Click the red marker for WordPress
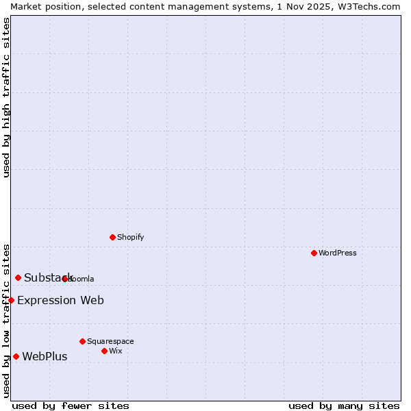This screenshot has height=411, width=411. click(x=314, y=253)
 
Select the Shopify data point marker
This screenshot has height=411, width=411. click(x=112, y=237)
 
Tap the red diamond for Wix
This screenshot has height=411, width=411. click(x=104, y=351)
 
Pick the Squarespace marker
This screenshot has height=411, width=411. click(x=82, y=341)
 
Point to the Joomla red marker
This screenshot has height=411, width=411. click(x=64, y=279)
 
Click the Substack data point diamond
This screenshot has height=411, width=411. click(x=18, y=277)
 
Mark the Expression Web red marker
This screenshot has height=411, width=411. click(x=11, y=300)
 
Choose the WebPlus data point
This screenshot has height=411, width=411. click(x=16, y=356)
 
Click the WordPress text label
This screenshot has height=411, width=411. click(x=338, y=253)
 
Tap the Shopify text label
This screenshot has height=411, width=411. click(x=130, y=237)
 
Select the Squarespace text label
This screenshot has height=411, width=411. click(x=110, y=341)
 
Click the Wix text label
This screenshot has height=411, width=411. click(x=115, y=351)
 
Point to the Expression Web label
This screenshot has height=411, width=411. click(x=60, y=300)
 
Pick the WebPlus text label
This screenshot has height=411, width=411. click(x=45, y=356)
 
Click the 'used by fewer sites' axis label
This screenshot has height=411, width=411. click(x=71, y=406)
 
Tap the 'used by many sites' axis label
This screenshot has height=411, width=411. click(x=344, y=406)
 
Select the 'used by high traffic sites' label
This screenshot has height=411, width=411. click(x=6, y=97)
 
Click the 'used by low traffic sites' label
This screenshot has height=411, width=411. click(x=6, y=320)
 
